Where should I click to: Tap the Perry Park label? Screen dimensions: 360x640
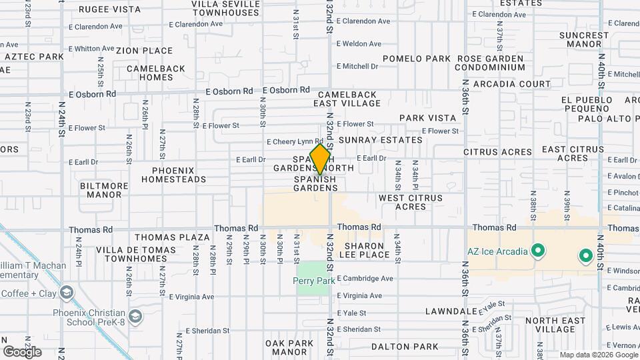(x=314, y=281)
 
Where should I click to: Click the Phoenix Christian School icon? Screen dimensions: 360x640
(x=136, y=315)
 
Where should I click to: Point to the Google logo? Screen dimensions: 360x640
(x=22, y=351)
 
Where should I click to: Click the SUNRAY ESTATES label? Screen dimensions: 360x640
(x=381, y=140)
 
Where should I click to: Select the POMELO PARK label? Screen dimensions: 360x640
(x=417, y=59)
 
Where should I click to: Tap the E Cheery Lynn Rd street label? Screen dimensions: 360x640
(x=295, y=142)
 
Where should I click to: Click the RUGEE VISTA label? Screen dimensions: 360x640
(x=110, y=9)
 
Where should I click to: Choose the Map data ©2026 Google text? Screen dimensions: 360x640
(x=598, y=355)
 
